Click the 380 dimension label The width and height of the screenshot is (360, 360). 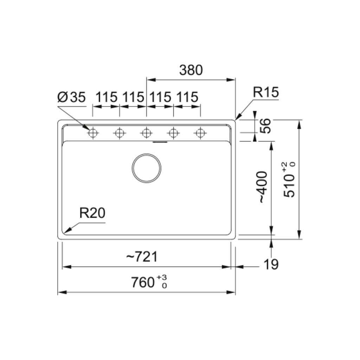coord(191,70)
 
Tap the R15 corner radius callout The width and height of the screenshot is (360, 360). coord(266,92)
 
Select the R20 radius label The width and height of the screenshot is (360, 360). coord(92,213)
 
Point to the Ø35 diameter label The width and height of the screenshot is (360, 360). coord(71,97)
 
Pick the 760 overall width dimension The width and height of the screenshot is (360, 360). coord(143,282)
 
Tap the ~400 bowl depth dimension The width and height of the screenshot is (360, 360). coord(263,187)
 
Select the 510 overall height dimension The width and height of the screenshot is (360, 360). coord(289,186)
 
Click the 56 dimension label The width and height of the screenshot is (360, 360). coord(265,126)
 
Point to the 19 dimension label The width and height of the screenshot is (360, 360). coord(271,264)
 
